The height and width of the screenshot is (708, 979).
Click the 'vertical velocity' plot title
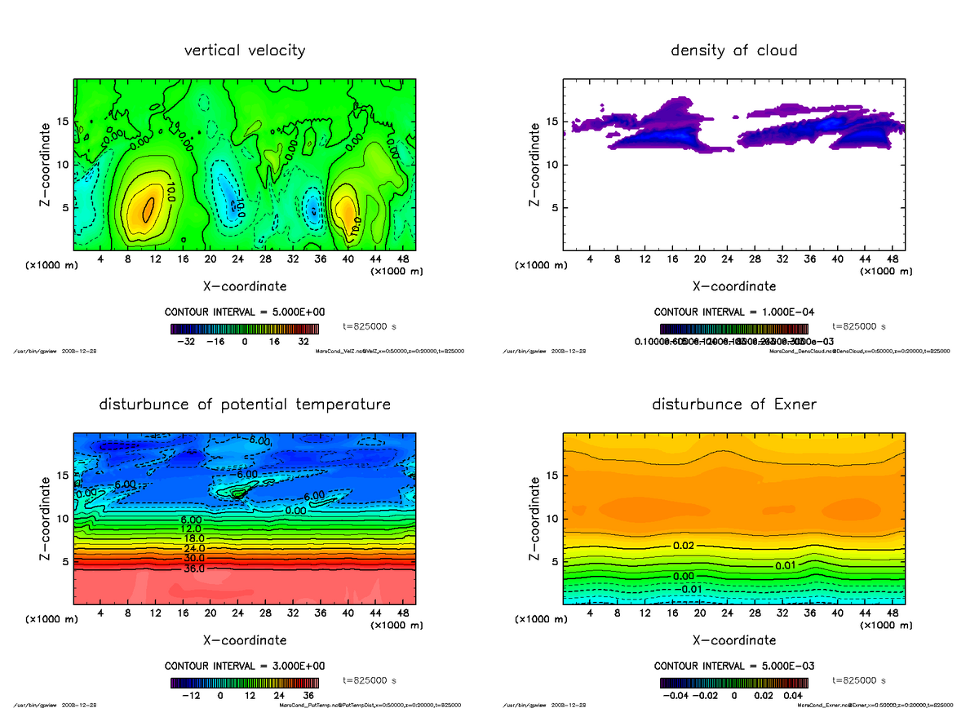[x=245, y=51]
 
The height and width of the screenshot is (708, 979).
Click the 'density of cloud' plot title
[x=733, y=51]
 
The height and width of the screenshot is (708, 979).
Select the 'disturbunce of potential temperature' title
[x=245, y=405]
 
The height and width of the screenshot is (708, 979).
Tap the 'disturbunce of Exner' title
[x=733, y=405]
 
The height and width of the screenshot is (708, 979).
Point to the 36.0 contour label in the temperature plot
[x=193, y=569]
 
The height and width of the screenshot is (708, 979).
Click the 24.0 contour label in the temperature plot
[x=193, y=549]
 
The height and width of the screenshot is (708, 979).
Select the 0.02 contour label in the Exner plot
[x=684, y=545]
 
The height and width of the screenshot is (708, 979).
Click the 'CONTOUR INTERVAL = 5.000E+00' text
[x=245, y=312]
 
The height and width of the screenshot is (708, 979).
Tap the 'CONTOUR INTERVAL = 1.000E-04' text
[x=733, y=312]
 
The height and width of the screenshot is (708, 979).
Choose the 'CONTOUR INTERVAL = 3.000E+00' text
[x=245, y=666]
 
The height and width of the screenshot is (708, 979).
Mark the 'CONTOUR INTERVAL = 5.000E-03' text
[x=733, y=666]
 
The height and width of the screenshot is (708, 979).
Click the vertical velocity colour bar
[x=245, y=329]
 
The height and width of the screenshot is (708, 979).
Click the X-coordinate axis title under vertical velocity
[x=245, y=286]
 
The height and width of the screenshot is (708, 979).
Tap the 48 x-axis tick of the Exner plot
[x=893, y=613]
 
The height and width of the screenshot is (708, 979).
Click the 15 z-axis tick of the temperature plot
[x=64, y=475]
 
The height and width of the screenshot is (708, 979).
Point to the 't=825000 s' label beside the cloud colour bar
[x=858, y=326]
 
